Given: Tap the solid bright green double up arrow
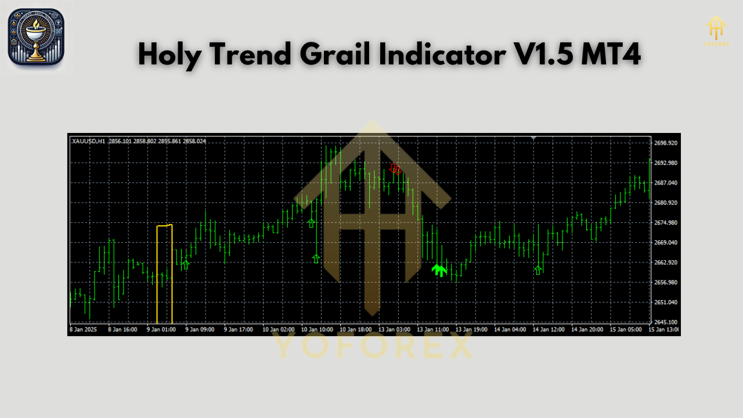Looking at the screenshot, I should (x=439, y=270).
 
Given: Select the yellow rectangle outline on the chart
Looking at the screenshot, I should (x=164, y=273).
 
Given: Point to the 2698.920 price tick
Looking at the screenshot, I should (x=666, y=143).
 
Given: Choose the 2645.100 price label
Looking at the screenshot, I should (x=666, y=322).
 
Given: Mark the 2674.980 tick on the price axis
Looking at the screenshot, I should (x=666, y=223).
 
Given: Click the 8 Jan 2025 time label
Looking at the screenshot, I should (x=84, y=329).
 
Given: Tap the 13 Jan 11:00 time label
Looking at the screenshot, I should (x=432, y=329).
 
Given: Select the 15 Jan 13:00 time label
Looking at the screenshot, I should (x=663, y=329).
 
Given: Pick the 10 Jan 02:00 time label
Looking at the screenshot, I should (x=278, y=329).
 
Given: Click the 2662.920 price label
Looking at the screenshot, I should (x=666, y=262).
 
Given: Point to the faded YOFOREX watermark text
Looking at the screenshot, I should (x=371, y=347).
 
